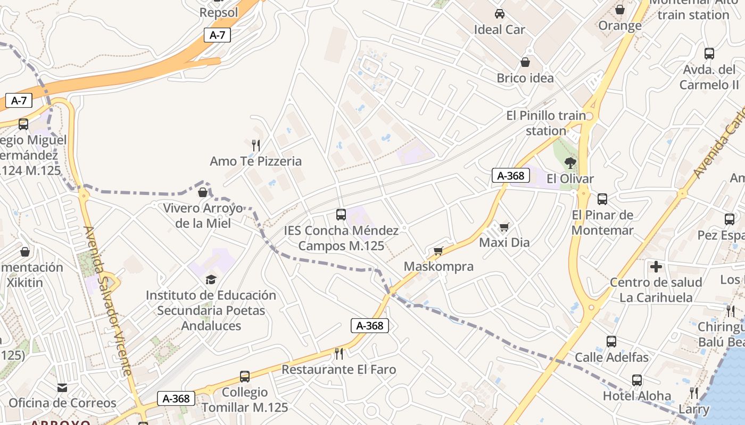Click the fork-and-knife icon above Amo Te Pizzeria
tap(256, 144)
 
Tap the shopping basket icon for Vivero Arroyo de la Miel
tap(202, 192)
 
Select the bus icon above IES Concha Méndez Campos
tap(341, 215)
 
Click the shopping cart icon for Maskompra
tap(438, 251)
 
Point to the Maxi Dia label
tap(504, 243)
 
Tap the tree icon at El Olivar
tap(570, 163)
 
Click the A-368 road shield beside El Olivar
tap(510, 175)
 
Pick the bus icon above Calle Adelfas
tap(611, 342)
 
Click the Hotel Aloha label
tap(637, 396)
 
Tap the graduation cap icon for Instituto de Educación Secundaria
tap(211, 279)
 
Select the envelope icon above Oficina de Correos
tap(63, 388)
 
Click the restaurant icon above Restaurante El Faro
tap(338, 353)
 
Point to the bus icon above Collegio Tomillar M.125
tap(245, 377)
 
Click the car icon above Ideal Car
tap(499, 14)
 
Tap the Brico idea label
tap(525, 78)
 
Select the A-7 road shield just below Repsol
tap(217, 35)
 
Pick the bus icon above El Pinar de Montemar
tap(602, 199)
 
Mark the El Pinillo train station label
tap(546, 123)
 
